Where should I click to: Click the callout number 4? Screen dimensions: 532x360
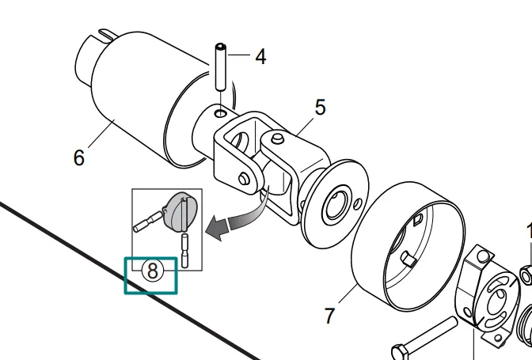tap(260, 57)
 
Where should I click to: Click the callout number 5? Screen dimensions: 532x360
tap(321, 107)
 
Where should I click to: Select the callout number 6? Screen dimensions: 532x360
tap(78, 157)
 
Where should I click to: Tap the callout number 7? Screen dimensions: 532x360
tap(329, 316)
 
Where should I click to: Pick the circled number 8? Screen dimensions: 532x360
tap(153, 271)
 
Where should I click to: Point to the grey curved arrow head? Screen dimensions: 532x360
tap(217, 229)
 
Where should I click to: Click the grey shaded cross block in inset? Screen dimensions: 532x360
tap(180, 210)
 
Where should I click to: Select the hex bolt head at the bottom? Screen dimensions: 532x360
tap(401, 353)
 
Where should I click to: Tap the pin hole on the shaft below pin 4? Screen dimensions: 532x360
tap(221, 113)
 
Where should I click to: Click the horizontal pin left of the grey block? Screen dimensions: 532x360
tap(148, 222)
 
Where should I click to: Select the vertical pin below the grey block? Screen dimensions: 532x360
tap(185, 250)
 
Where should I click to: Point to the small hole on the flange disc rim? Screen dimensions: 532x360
tap(358, 204)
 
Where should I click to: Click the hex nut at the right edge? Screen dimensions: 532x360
tap(526, 275)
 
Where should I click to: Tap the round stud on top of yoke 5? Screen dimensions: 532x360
tap(277, 138)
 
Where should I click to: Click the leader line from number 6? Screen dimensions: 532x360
tap(101, 134)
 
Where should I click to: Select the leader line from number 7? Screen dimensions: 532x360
tap(348, 294)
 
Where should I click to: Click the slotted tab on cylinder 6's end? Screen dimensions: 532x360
tap(107, 34)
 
